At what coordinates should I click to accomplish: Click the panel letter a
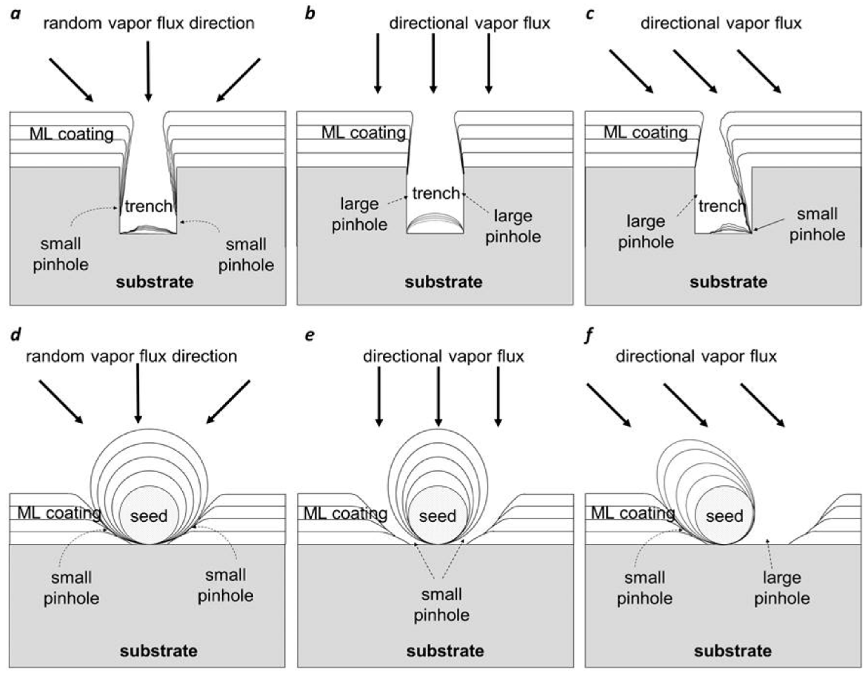[x=15, y=14]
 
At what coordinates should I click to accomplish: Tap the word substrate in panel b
[x=443, y=282]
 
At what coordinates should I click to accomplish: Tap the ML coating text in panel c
[x=645, y=132]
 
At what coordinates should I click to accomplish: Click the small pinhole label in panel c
[x=817, y=224]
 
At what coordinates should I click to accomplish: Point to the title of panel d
[x=131, y=356]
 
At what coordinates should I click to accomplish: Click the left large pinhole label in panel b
[x=359, y=215]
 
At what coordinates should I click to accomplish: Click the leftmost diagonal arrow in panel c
[x=631, y=72]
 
